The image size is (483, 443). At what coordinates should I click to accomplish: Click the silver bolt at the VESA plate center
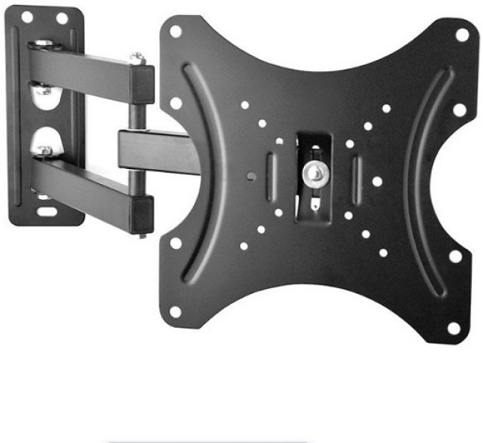(x=314, y=171)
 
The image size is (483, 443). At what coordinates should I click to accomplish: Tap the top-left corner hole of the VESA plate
(x=175, y=32)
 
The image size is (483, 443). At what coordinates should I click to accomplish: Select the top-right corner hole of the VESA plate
(x=461, y=35)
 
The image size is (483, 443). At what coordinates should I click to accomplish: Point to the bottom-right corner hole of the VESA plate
(x=454, y=328)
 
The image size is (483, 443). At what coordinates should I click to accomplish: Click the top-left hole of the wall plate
(x=28, y=17)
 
